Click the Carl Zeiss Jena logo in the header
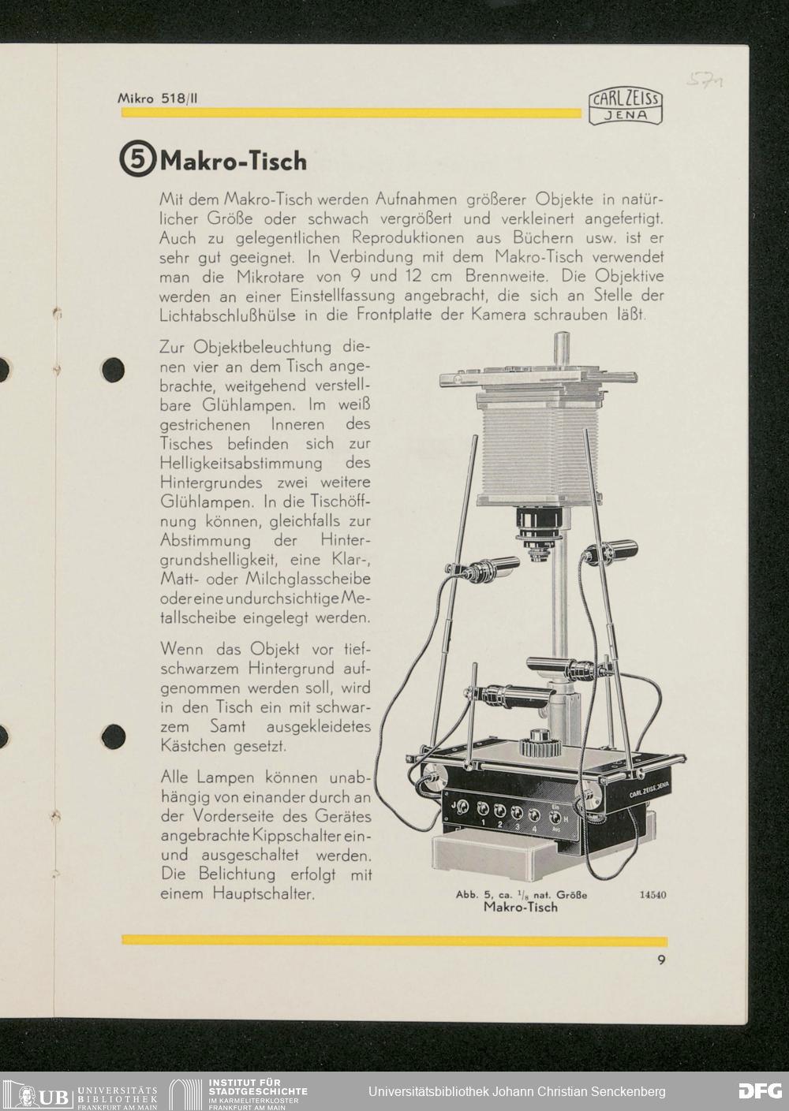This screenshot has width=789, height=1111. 625,107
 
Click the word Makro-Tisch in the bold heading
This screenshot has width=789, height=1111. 234,161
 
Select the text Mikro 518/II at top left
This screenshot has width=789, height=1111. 157,99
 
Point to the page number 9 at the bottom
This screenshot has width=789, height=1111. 661,960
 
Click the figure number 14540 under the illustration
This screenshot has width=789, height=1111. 653,895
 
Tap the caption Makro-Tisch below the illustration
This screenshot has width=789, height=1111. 521,907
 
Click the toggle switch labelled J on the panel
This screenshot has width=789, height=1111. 463,807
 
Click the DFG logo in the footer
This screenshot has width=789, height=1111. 760,1091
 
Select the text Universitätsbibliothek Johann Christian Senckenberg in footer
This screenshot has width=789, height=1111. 517,1091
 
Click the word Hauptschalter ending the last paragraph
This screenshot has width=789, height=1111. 264,893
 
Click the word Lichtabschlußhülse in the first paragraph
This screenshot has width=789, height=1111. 228,315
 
